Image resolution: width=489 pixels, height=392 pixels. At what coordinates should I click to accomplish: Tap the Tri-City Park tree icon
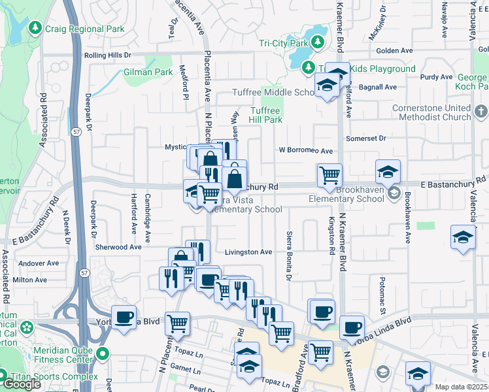coord(318,42)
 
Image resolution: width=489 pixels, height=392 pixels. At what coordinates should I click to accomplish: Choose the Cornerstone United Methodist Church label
coord(431,112)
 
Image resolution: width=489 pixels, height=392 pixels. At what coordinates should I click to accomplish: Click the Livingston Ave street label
coord(248,252)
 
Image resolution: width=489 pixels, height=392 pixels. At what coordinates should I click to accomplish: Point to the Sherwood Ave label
coord(118,248)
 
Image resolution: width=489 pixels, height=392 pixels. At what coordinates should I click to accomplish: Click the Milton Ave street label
coord(30,279)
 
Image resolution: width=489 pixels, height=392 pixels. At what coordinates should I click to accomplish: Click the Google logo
coord(22,384)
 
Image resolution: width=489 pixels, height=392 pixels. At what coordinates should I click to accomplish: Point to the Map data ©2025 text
coord(461,387)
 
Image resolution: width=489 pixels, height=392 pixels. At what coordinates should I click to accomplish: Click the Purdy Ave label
coord(436,76)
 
